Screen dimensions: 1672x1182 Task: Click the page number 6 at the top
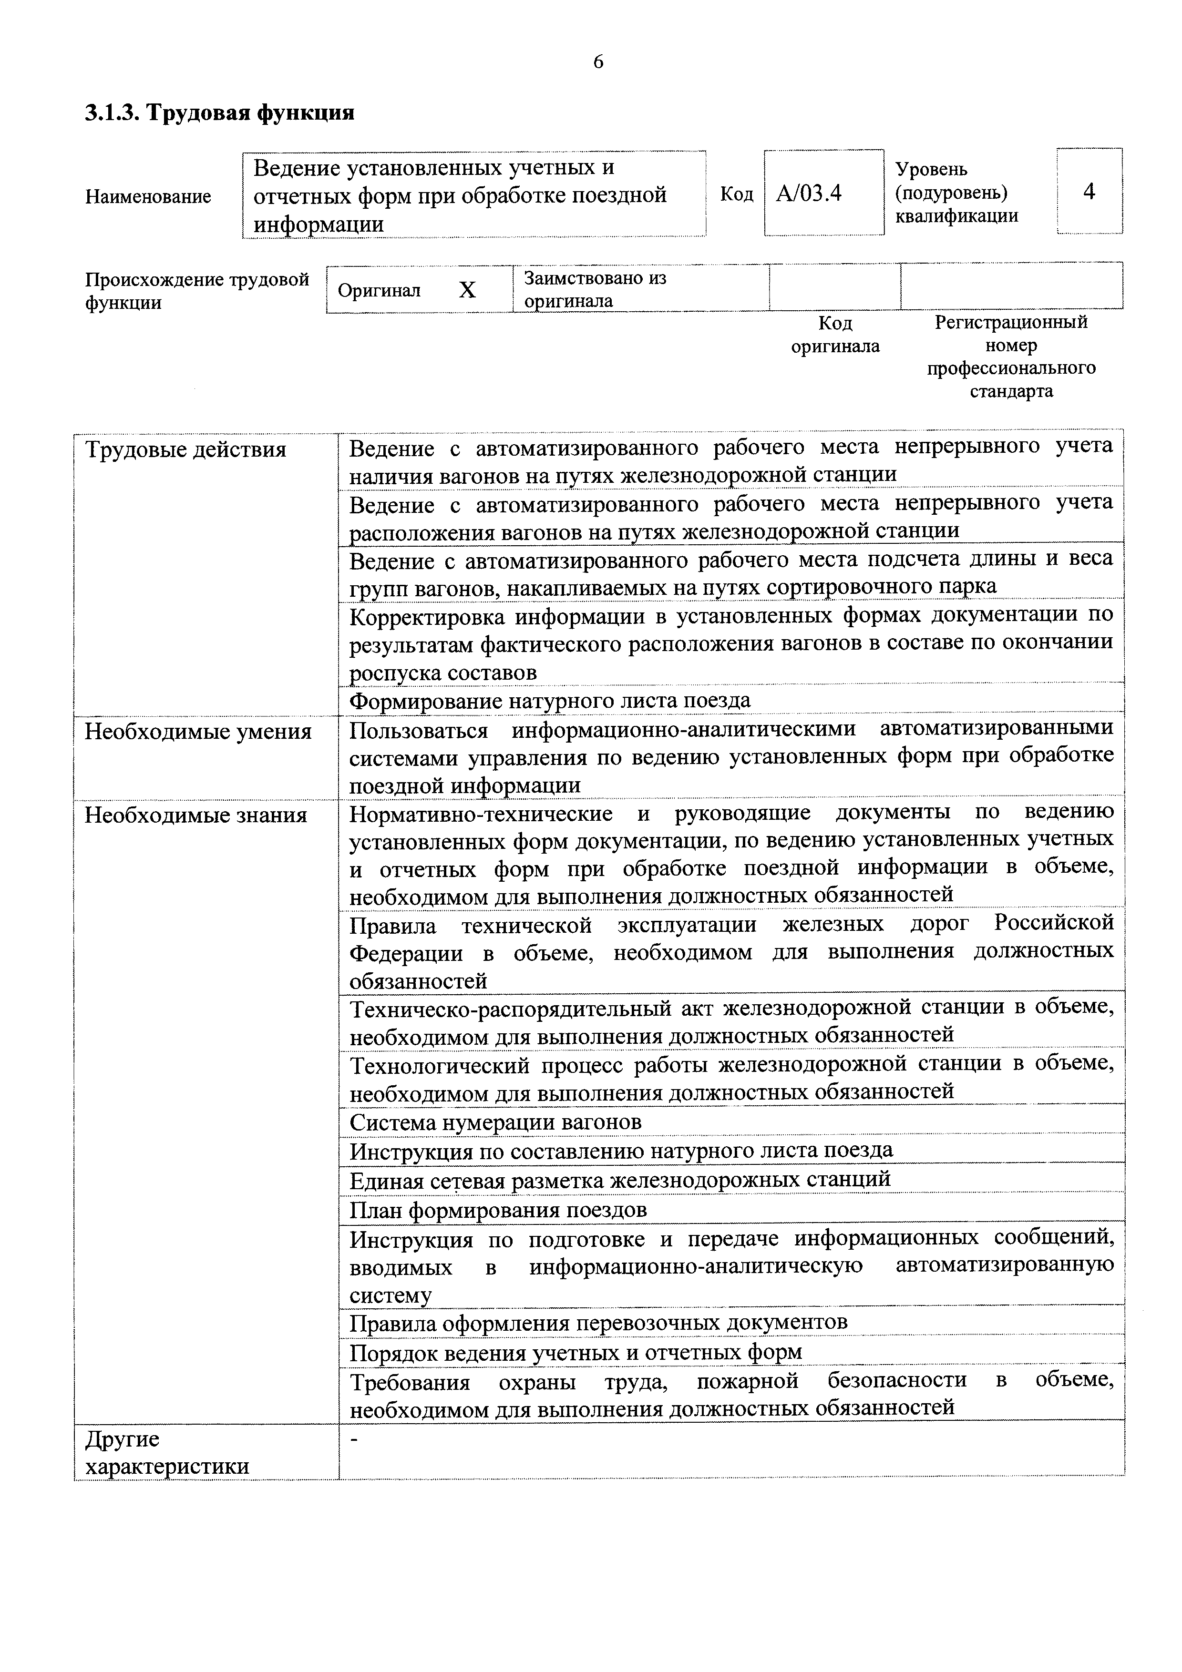point(598,62)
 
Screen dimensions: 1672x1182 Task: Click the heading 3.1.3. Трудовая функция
point(219,113)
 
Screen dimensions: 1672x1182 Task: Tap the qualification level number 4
point(1089,192)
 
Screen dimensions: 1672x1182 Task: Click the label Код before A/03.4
point(736,194)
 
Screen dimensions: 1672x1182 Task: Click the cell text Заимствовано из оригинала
point(595,289)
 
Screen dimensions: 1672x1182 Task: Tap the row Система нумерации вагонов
point(495,1122)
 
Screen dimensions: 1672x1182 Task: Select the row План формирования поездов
point(498,1210)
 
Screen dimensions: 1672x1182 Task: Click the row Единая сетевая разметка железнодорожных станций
point(620,1179)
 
